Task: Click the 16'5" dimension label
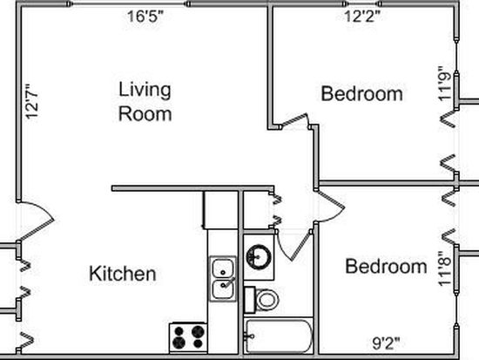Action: (x=145, y=17)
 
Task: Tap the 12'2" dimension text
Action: (x=362, y=17)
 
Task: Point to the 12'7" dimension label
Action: (x=32, y=102)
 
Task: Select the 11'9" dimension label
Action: (x=445, y=83)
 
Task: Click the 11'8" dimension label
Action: (x=445, y=268)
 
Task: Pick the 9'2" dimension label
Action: (x=386, y=343)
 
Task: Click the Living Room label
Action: (x=145, y=101)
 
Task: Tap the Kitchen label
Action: (x=123, y=274)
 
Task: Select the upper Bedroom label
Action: (x=361, y=93)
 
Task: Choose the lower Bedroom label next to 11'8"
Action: (x=386, y=266)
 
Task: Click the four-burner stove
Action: (x=188, y=338)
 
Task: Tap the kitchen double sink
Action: (x=223, y=279)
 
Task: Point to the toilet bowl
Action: (x=266, y=300)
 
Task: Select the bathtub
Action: (x=279, y=336)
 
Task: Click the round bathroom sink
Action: (x=259, y=257)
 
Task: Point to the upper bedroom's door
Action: (x=294, y=119)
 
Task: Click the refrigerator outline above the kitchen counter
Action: (x=220, y=210)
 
